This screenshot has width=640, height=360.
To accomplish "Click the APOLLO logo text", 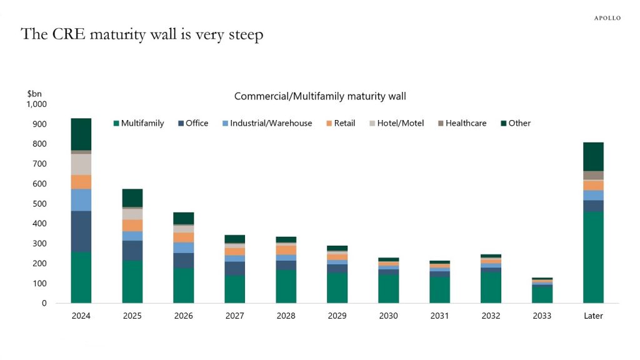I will click(x=607, y=18).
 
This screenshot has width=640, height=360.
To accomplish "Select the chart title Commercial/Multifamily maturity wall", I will click(x=320, y=96).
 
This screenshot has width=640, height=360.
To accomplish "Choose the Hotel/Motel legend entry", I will click(x=400, y=123).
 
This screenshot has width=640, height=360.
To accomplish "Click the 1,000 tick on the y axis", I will click(x=37, y=104).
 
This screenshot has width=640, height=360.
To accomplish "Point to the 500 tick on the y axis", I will click(x=40, y=204).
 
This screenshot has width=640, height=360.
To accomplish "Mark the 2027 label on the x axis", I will click(x=234, y=316).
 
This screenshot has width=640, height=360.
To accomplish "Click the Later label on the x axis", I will click(x=593, y=316).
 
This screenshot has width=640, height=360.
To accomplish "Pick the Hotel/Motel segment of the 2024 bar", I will click(x=81, y=164).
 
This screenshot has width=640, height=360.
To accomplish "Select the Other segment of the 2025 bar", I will click(x=132, y=197).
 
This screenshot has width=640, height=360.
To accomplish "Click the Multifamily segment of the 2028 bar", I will click(x=286, y=286).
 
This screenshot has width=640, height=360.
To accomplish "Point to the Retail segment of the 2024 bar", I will click(x=81, y=182).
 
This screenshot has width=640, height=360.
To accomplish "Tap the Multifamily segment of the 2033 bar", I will click(x=542, y=294).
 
